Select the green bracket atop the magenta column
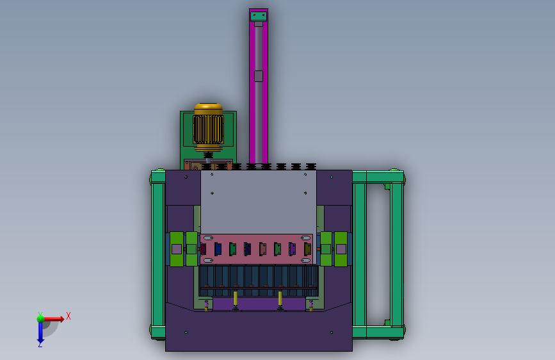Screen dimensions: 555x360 coord(259,16)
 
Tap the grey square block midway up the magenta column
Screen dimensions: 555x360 coord(259,76)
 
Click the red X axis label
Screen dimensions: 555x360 coord(68,316)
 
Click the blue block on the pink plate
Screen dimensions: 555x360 coord(218,249)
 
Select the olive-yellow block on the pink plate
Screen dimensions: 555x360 coord(307,249)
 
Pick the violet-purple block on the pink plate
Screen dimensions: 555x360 coord(293,249)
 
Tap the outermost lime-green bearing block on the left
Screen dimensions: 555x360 coord(177,249)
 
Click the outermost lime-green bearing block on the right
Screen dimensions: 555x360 coord(341,249)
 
